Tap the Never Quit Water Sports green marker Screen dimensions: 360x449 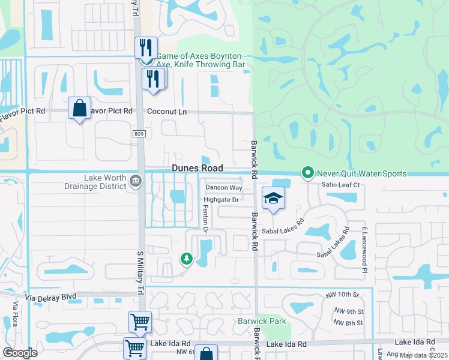(308, 173)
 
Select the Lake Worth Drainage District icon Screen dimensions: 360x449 (136, 181)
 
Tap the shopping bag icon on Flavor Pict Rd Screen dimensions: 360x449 (79, 109)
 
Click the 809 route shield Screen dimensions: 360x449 (139, 135)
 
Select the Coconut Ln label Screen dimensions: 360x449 (167, 112)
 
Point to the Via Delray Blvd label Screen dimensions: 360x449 (52, 296)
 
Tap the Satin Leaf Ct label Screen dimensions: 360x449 (340, 185)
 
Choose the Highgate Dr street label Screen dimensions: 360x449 (221, 199)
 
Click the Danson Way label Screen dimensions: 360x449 (223, 187)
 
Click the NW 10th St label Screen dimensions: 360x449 (343, 295)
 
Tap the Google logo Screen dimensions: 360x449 (20, 353)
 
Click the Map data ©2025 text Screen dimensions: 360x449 (423, 355)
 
